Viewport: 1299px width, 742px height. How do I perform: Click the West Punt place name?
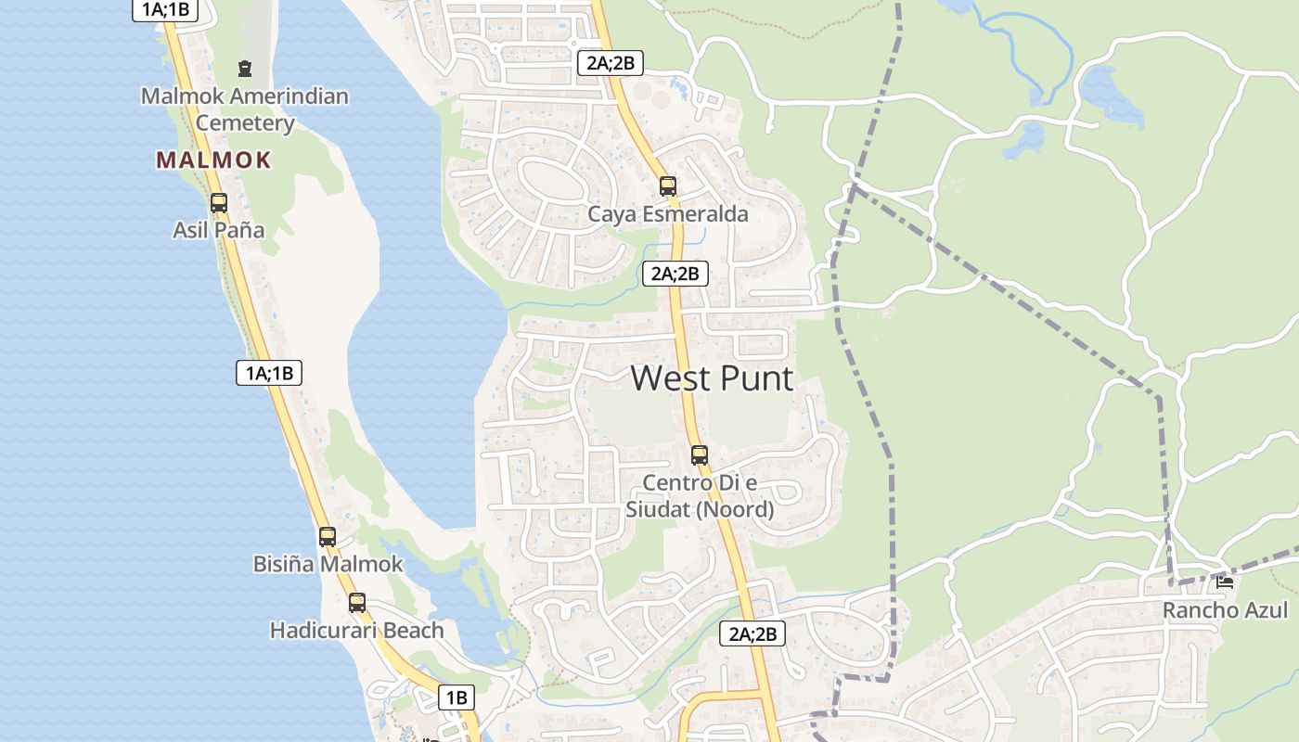coord(712,378)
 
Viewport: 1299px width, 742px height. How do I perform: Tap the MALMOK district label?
coord(213,160)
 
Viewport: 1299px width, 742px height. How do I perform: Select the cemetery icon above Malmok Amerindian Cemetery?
coord(245,68)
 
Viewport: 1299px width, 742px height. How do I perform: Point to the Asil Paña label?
coord(219,230)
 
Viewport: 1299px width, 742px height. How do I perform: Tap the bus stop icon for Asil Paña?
coord(219,202)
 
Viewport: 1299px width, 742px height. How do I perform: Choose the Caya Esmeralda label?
coord(668,214)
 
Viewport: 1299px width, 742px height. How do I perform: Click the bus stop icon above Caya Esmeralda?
coord(668,185)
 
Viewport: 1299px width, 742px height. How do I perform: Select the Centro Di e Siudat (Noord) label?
coord(700,495)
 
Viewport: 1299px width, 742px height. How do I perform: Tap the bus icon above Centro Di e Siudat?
coord(700,455)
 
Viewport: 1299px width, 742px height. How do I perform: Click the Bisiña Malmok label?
coord(328,564)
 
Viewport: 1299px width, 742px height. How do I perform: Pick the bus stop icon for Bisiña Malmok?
coord(328,536)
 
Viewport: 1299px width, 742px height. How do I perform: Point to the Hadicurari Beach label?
coord(356,631)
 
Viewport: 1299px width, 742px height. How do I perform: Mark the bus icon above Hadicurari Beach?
coord(357,603)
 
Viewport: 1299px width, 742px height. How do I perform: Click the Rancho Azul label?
coord(1225,610)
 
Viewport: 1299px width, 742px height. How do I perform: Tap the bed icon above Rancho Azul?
coord(1225,582)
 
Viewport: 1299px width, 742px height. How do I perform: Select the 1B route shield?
coord(457,697)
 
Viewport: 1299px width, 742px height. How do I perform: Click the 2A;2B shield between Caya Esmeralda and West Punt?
coord(675,273)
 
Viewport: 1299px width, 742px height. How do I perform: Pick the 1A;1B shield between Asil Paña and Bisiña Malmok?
coord(269,373)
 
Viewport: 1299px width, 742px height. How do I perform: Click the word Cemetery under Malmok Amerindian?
coord(245,123)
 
